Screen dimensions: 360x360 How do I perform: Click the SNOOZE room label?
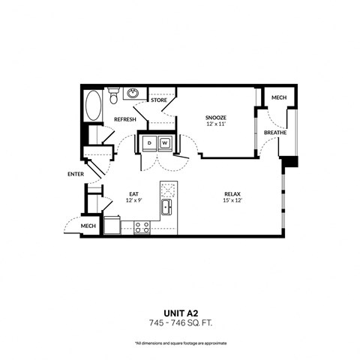pyautogui.click(x=216, y=118)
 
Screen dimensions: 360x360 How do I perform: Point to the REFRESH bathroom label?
pyautogui.click(x=124, y=118)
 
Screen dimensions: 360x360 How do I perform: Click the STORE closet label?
pyautogui.click(x=159, y=99)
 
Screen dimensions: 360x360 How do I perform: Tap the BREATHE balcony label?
pyautogui.click(x=275, y=133)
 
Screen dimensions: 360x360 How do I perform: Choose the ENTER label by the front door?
pyautogui.click(x=75, y=174)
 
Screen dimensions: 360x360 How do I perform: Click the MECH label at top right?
pyautogui.click(x=278, y=97)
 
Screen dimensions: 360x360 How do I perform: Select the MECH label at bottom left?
pyautogui.click(x=88, y=226)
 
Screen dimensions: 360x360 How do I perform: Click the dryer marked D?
pyautogui.click(x=150, y=142)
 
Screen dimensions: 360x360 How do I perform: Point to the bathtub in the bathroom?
pyautogui.click(x=93, y=106)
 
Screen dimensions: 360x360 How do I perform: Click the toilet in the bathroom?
pyautogui.click(x=112, y=96)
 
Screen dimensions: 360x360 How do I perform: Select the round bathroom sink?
pyautogui.click(x=133, y=94)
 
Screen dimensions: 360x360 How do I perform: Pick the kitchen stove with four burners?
pyautogui.click(x=141, y=227)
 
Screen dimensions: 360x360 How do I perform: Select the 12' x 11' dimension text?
pyautogui.click(x=216, y=125)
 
